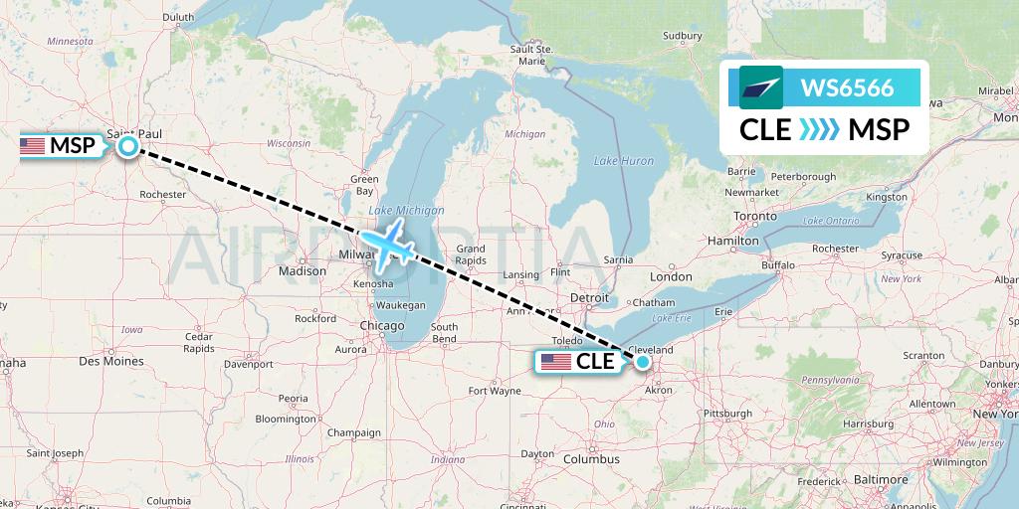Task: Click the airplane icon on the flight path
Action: point(387,244)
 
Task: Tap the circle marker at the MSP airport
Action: point(128,147)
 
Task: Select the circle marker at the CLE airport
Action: point(644,362)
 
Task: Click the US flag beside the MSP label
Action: point(33,147)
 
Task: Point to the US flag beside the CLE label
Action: point(555,362)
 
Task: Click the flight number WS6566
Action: point(847,87)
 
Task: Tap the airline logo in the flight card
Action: point(761,87)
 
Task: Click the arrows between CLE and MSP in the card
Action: point(820,129)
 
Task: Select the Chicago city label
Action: point(382,326)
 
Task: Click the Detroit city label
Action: point(588,298)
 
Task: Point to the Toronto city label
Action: point(754,216)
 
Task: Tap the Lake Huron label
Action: point(624,160)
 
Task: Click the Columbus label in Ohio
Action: point(591,459)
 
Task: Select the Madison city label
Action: point(303,270)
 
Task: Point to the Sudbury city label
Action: point(682,37)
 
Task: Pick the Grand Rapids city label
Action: point(470,254)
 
